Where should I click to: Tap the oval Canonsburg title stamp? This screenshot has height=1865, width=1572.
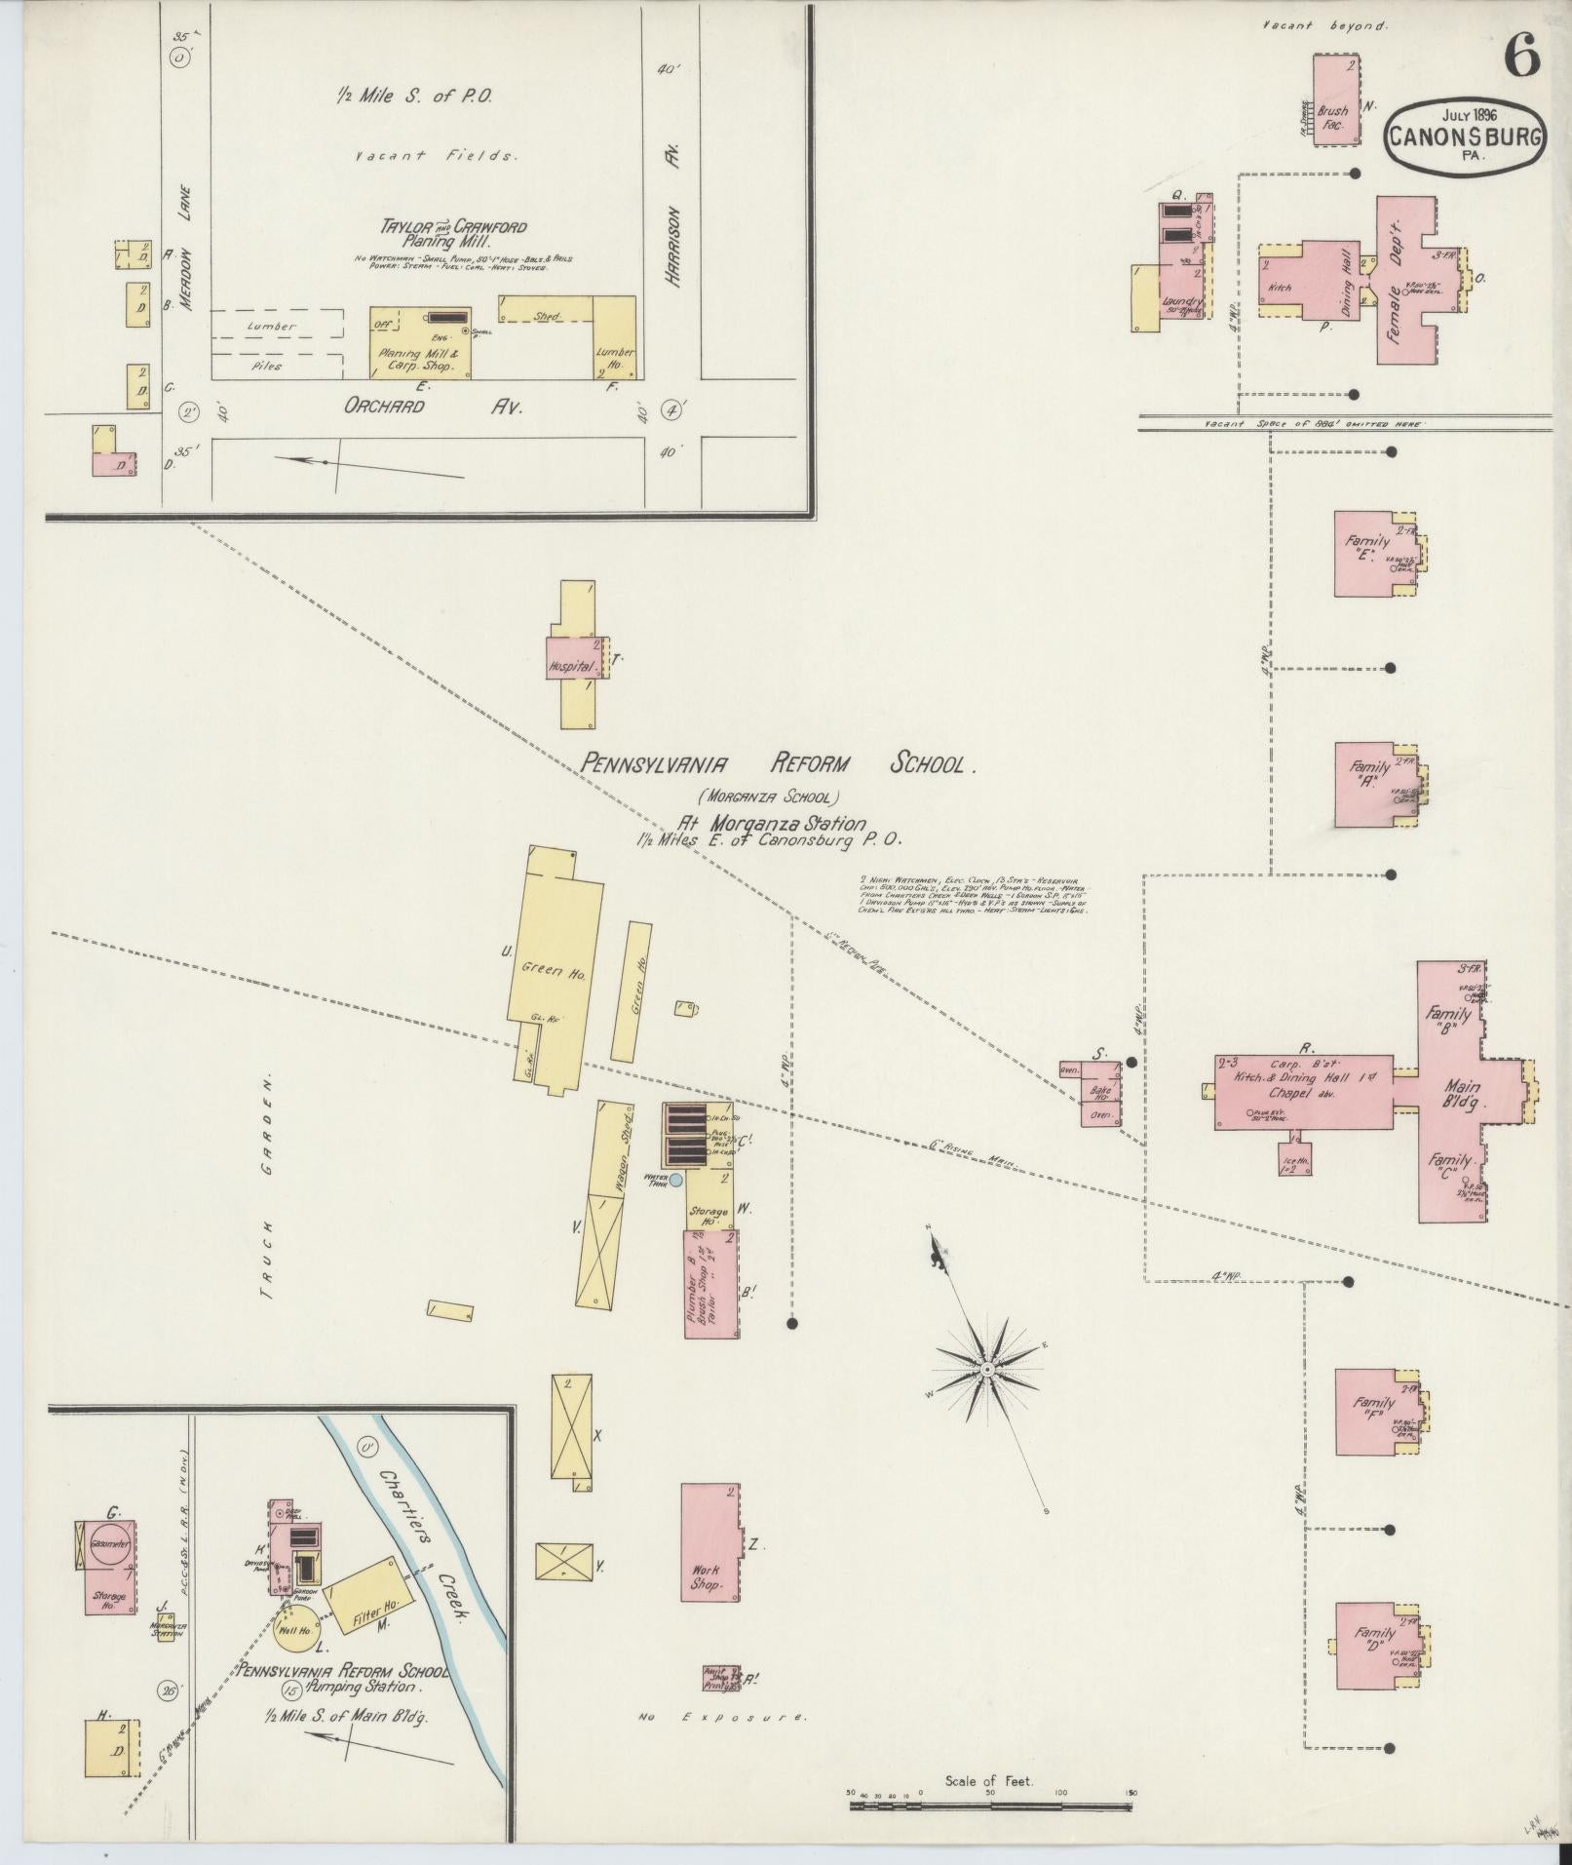pos(1465,136)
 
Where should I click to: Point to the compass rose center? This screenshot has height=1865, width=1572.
pos(987,1370)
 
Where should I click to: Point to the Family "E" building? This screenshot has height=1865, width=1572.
pos(1371,553)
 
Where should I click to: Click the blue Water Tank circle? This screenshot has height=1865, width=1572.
pos(675,1181)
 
